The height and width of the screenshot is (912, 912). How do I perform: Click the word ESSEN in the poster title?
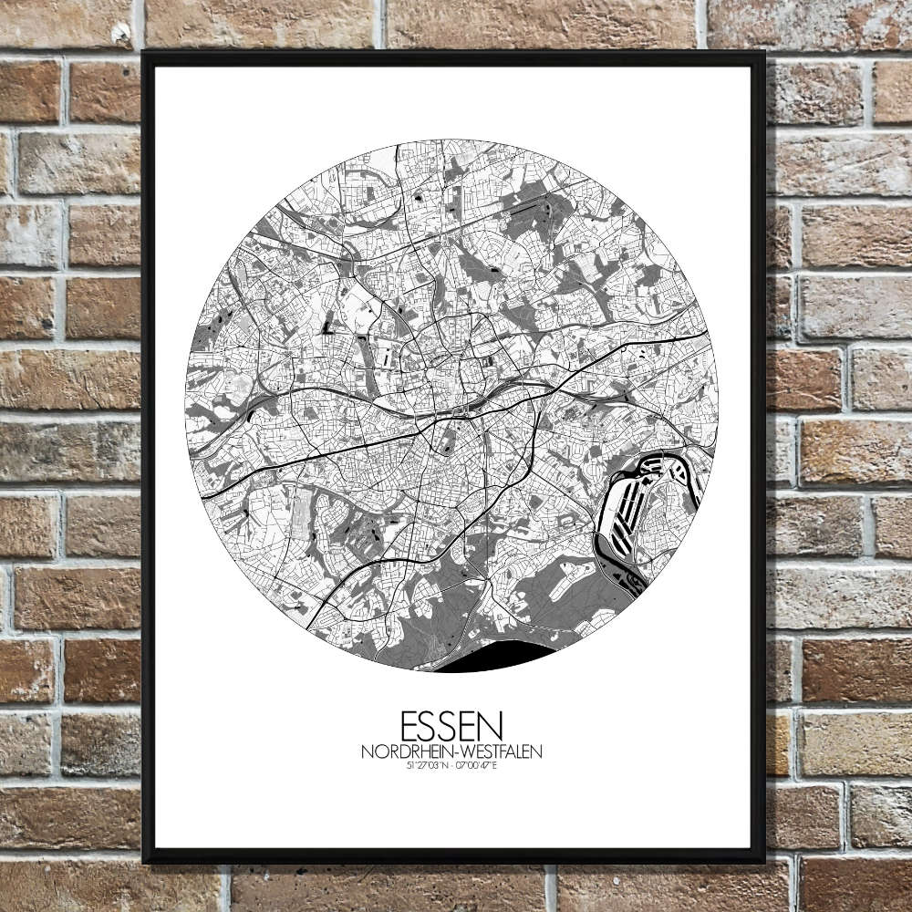click(x=451, y=727)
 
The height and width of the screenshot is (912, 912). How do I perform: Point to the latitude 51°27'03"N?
click(x=428, y=767)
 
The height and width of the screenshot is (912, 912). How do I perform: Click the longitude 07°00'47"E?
click(x=478, y=767)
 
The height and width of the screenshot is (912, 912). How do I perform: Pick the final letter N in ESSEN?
click(x=492, y=727)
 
